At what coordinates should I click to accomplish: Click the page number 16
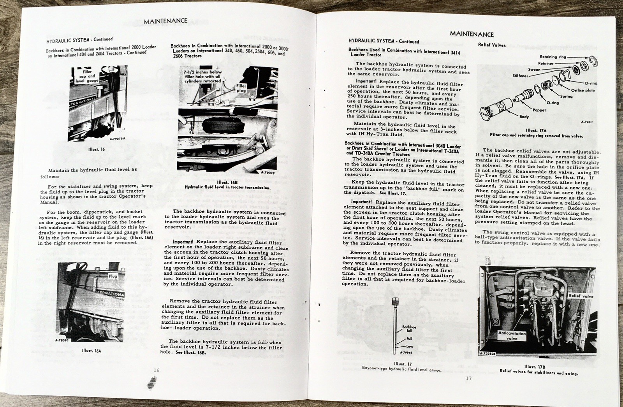156,370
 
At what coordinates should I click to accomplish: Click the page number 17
468,378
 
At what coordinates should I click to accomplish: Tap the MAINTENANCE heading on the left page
165,21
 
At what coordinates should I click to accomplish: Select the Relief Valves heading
492,45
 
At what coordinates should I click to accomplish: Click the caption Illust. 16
97,149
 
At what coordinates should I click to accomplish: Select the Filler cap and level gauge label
87,76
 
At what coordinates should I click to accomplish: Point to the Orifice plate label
583,90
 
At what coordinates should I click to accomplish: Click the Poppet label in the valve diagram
540,110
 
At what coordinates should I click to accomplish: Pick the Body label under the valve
524,116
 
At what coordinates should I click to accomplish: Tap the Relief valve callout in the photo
581,296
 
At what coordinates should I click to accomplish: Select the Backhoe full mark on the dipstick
409,329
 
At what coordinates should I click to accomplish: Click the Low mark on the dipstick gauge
410,346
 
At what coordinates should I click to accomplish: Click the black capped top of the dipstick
395,301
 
